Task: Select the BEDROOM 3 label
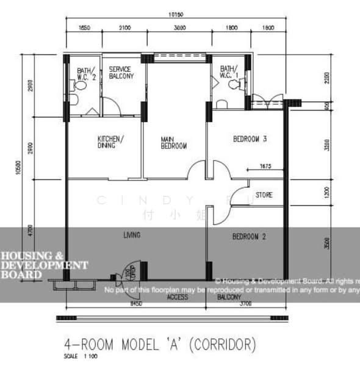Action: [x=250, y=139]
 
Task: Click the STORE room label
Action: [x=264, y=196]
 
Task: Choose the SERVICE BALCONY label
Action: [x=121, y=73]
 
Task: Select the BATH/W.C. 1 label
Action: [x=229, y=72]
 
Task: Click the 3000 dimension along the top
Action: [x=179, y=28]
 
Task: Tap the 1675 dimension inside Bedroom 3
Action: [x=265, y=165]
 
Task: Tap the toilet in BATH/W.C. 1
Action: [x=236, y=86]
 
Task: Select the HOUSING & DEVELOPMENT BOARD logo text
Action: [x=43, y=265]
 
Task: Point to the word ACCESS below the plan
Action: [x=178, y=297]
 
